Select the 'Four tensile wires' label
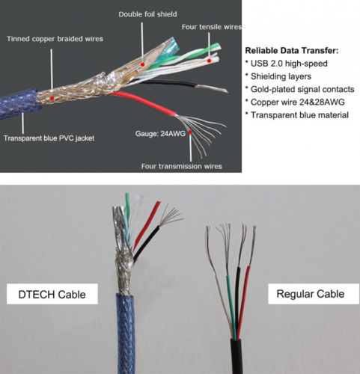pyautogui.click(x=212, y=28)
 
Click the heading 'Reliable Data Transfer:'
pyautogui.click(x=291, y=51)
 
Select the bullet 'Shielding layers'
pyautogui.click(x=281, y=78)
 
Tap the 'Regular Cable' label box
pyautogui.click(x=310, y=294)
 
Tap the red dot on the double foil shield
pyautogui.click(x=141, y=64)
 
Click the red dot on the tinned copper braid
pyautogui.click(x=52, y=98)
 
